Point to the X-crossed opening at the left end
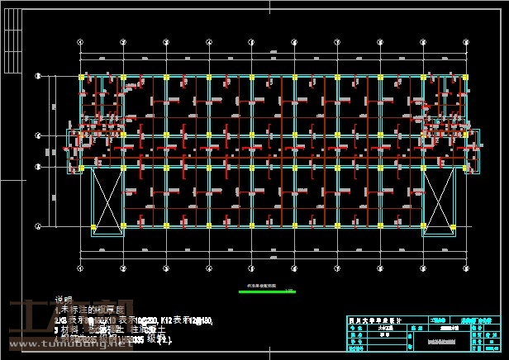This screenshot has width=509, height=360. pos(104,198)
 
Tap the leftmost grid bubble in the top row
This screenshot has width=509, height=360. pos(80,40)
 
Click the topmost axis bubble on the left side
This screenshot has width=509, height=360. pos(38,76)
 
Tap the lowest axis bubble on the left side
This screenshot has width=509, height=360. pos(38,225)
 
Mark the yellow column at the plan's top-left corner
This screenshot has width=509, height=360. pos(81,77)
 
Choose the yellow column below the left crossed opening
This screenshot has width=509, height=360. pos(94,226)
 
